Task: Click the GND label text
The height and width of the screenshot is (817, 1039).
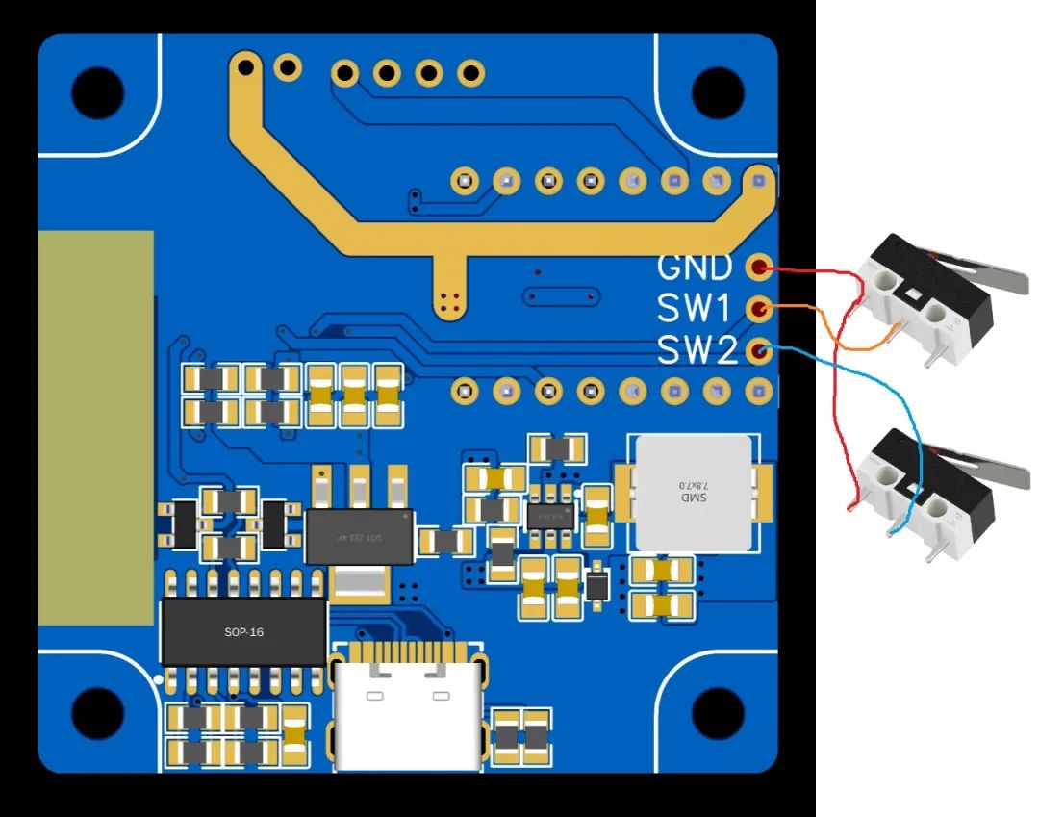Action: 695,267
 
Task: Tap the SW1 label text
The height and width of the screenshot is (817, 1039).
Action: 695,309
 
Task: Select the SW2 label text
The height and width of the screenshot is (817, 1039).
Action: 697,350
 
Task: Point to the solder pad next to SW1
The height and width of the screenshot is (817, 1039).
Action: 760,309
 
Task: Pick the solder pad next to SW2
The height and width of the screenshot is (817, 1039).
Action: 760,350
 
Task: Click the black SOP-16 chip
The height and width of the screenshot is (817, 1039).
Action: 243,631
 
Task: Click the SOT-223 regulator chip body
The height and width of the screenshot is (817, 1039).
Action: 359,536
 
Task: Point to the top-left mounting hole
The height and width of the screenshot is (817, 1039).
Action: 97,92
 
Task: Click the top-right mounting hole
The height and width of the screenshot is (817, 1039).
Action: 718,92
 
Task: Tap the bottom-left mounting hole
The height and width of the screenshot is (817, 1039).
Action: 97,714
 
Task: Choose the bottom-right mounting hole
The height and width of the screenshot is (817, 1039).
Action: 718,714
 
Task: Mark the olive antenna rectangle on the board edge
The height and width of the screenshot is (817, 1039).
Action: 95,428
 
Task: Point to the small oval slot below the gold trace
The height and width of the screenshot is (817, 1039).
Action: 560,297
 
